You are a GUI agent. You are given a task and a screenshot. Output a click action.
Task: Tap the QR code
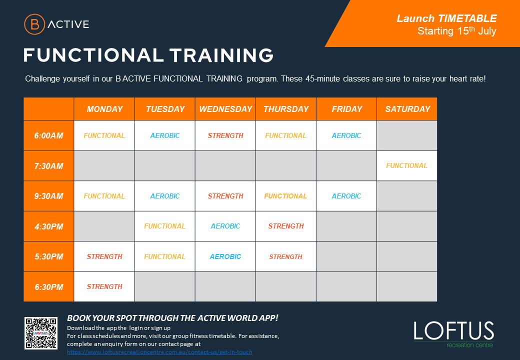coord(41,333)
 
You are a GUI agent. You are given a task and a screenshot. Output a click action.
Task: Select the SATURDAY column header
coord(407,109)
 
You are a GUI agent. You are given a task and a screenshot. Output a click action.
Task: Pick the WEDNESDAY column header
coord(225,109)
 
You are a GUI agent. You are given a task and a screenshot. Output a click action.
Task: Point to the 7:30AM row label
coord(49,166)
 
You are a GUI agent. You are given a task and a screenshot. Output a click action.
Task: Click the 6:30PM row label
coord(49,287)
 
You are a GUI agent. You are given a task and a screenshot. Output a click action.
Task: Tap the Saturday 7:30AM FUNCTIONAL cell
coord(406,165)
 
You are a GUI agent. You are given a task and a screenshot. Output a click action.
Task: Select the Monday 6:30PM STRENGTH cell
coord(104,286)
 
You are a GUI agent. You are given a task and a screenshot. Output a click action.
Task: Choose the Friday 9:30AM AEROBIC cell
coord(346,196)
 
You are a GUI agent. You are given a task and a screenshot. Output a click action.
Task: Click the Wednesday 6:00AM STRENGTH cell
coord(225,135)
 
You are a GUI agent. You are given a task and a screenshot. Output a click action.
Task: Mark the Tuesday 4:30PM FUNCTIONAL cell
coord(164,226)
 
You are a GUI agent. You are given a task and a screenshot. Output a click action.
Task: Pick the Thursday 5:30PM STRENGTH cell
coord(285,256)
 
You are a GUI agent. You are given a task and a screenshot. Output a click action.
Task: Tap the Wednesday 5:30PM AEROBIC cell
coord(225,256)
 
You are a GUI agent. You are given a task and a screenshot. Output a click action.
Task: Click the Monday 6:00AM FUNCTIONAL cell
coord(104,135)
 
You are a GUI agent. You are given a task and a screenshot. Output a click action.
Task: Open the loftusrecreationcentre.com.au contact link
coord(159,352)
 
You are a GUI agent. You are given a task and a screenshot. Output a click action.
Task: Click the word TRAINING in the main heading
coord(221,55)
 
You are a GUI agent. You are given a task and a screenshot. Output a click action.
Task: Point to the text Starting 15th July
coord(457,31)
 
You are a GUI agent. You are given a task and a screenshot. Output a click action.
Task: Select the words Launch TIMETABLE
coord(446,18)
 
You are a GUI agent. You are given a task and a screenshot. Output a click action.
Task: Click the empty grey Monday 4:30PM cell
coord(104,226)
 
